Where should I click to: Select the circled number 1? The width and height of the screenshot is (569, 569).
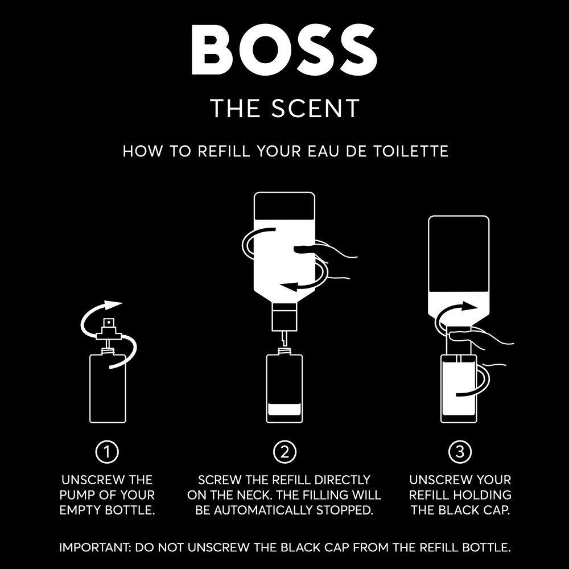pyautogui.click(x=108, y=452)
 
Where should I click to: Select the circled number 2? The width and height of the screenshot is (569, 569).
pyautogui.click(x=284, y=452)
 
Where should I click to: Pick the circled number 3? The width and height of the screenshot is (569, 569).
pyautogui.click(x=460, y=452)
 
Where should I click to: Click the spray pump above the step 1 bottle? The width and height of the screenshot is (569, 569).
pyautogui.click(x=108, y=327)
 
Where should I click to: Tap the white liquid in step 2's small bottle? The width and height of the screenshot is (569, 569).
pyautogui.click(x=284, y=408)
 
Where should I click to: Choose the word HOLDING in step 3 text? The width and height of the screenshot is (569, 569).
pyautogui.click(x=481, y=495)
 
